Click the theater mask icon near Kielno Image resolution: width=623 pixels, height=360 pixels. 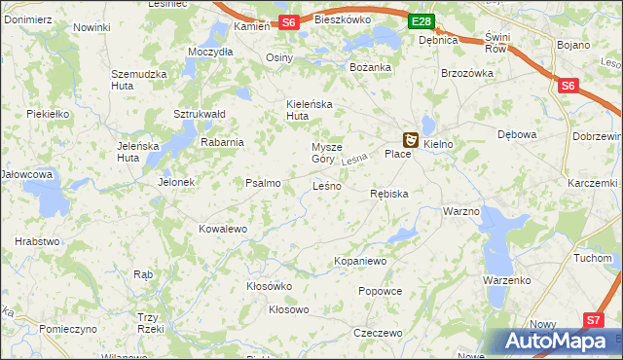tap(411, 141)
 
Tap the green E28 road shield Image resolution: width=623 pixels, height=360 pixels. tap(421, 21)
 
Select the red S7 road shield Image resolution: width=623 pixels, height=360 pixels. tap(594, 319)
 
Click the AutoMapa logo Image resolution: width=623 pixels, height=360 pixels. tap(558, 342)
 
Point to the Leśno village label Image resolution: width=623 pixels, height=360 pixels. tap(326, 185)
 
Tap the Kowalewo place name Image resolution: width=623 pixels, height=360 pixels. tap(223, 229)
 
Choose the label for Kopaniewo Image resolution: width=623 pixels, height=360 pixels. tap(360, 261)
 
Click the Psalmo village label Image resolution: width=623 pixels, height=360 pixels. tap(263, 183)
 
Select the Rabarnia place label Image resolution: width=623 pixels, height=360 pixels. tap(222, 141)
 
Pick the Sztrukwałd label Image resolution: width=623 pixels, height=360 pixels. tap(200, 114)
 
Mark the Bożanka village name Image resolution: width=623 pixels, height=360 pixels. tap(370, 67)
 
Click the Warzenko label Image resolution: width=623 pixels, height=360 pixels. tap(505, 280)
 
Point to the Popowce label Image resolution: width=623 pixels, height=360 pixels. tap(380, 291)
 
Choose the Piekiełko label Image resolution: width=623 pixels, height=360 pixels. tap(48, 114)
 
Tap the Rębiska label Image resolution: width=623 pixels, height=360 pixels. tap(389, 194)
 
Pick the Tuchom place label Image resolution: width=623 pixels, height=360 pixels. tap(592, 258)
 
